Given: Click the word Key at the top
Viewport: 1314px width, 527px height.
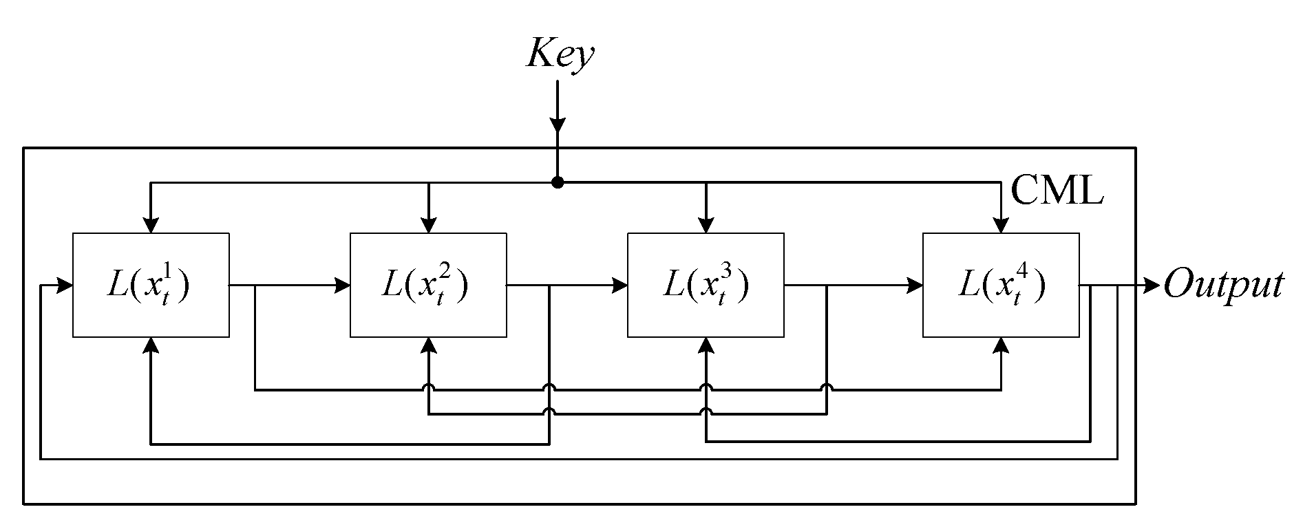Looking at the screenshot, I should click(559, 54).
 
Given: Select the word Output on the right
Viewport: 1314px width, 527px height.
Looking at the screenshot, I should click(1223, 285).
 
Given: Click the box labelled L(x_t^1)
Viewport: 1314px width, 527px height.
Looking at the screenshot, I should click(151, 285).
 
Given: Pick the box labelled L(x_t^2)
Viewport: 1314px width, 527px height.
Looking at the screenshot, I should click(428, 285).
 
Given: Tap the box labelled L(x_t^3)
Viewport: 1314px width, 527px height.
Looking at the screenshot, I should click(705, 285).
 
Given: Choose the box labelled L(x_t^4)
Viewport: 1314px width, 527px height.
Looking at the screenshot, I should click(1000, 285).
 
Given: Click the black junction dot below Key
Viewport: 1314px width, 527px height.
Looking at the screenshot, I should click(558, 183).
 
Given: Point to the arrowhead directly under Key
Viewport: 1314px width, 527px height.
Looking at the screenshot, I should click(558, 124).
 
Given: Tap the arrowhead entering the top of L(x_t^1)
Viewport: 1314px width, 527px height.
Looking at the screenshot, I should click(151, 225).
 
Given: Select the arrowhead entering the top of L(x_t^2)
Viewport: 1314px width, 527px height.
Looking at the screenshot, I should click(428, 225).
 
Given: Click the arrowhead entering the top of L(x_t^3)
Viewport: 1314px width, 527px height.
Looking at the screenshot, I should click(706, 225).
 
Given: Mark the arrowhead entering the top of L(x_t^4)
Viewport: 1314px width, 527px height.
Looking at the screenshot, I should click(1001, 225).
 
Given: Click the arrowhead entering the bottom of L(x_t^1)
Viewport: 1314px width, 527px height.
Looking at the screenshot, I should click(151, 345).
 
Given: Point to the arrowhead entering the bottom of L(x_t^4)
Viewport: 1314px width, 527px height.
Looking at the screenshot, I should click(1001, 345).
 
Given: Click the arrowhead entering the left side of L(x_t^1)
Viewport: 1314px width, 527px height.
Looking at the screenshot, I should click(65, 285).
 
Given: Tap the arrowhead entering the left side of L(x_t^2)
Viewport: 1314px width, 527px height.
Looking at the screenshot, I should click(342, 285).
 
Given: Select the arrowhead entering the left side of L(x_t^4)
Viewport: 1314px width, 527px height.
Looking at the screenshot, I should click(915, 285).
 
